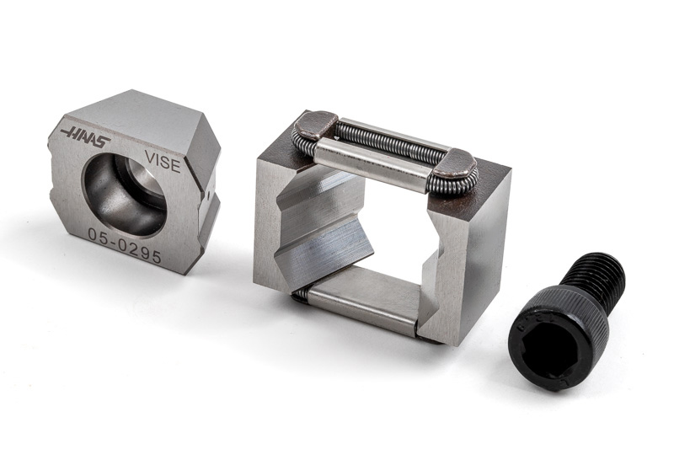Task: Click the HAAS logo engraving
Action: pos(85,136)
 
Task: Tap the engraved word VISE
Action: pos(163,161)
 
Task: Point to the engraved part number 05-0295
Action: pos(125,245)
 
